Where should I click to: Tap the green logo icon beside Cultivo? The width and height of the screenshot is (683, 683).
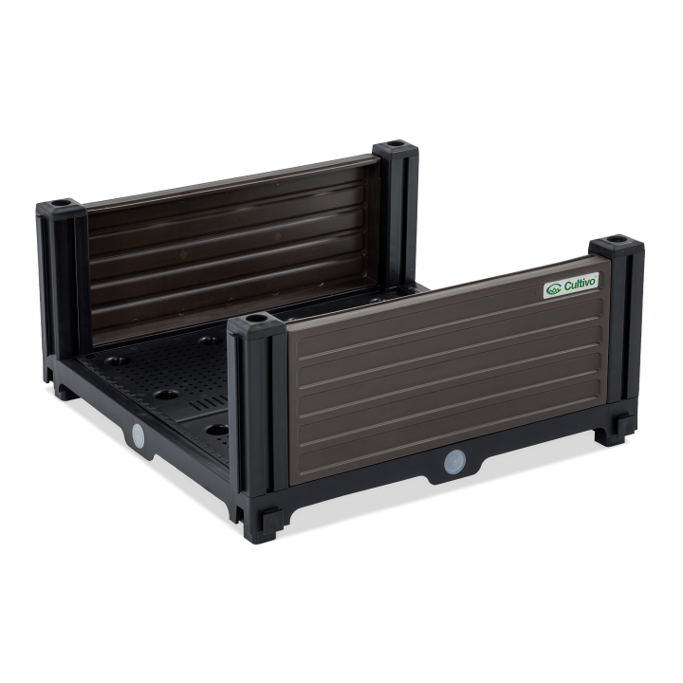coord(551,291)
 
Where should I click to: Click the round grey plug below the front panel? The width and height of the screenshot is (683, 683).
coord(453,462)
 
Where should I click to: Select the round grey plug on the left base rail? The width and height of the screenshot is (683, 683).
coord(138,435)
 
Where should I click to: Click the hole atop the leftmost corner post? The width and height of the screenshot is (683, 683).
coord(59,203)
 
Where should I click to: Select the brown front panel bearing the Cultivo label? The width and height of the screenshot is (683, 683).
coord(446,379)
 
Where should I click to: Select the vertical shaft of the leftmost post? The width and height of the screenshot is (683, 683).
coord(57,285)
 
